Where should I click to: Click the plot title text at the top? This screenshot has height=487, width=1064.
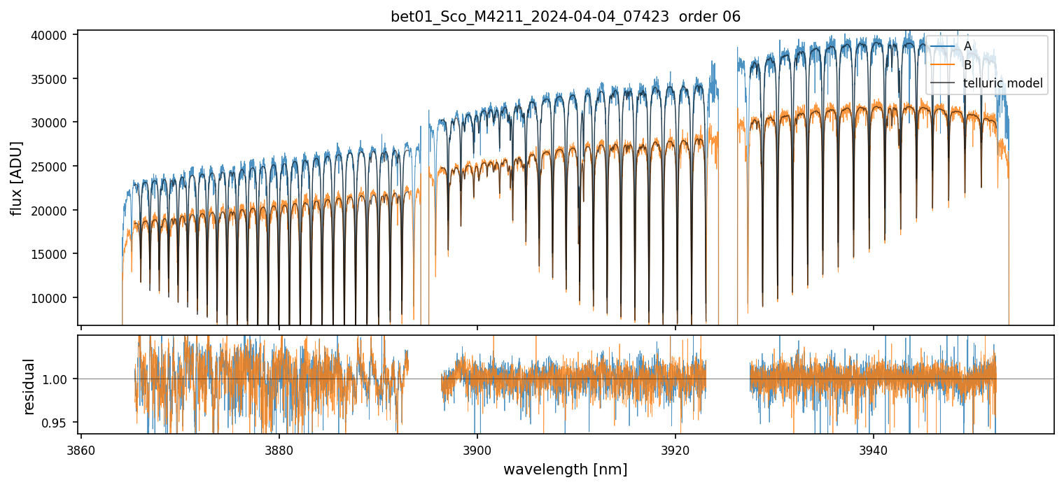[x=565, y=17]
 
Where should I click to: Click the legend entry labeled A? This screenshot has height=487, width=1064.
[x=967, y=46]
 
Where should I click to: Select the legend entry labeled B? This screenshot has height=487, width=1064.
[x=967, y=65]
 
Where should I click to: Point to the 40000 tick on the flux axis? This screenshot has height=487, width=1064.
[x=51, y=35]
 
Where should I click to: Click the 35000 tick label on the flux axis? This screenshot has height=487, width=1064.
[x=51, y=79]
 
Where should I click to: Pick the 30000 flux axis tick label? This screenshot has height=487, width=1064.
[x=51, y=122]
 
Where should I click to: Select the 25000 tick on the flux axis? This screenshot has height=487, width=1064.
[x=51, y=167]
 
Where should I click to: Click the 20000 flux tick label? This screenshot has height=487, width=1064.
[x=51, y=211]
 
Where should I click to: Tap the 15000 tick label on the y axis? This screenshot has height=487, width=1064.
[x=51, y=254]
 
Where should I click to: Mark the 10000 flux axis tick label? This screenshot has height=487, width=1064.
[x=51, y=298]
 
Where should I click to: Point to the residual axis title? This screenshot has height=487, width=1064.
[x=29, y=386]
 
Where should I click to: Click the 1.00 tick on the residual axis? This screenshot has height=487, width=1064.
[x=59, y=379]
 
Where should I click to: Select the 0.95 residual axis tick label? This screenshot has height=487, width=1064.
[x=59, y=423]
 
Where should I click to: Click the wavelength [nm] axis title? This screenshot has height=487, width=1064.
[x=565, y=469]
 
